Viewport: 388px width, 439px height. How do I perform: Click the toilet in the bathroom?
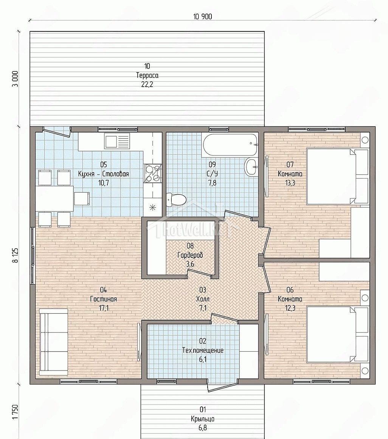point(176,199)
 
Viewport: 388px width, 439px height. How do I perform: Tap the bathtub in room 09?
point(230,145)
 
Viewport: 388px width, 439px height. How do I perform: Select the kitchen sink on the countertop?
point(117,141)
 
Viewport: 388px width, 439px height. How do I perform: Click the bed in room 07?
point(337,176)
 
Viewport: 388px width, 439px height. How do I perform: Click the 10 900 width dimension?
point(203,17)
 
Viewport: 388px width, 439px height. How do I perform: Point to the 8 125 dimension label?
point(15,255)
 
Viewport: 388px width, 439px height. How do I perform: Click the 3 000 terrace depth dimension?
point(15,79)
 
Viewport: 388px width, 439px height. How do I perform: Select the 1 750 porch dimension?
point(15,419)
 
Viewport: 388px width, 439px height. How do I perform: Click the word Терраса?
point(147,75)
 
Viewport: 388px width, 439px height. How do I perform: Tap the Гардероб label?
point(190,255)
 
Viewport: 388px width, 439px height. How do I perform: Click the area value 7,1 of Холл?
point(203,308)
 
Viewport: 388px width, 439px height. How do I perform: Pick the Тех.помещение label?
point(203,350)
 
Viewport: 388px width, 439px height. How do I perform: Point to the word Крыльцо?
point(203,419)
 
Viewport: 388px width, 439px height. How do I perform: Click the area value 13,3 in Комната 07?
point(290,183)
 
